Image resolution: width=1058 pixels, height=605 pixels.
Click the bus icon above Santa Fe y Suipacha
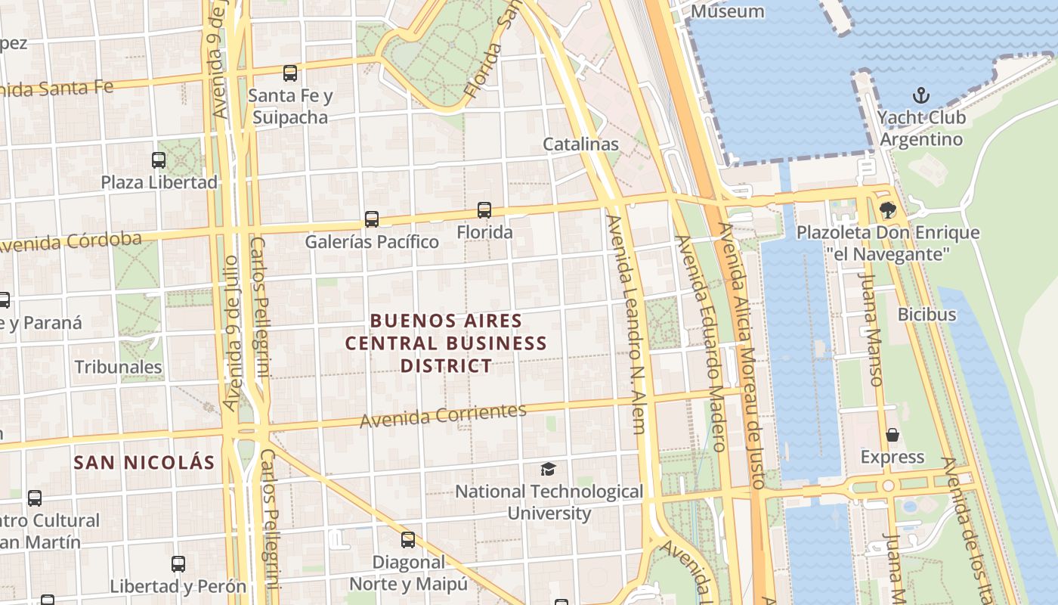tap(290, 73)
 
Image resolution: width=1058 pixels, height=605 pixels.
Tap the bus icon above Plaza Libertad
tap(159, 160)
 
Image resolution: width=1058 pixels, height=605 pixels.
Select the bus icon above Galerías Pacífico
tap(371, 219)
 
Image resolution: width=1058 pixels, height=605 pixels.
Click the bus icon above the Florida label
tap(484, 210)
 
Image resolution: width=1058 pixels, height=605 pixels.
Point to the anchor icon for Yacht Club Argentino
tap(920, 95)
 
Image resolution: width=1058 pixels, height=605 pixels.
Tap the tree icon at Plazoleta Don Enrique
tap(887, 210)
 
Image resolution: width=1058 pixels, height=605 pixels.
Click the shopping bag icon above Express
tap(892, 435)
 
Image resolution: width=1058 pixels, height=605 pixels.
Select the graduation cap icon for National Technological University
tap(548, 470)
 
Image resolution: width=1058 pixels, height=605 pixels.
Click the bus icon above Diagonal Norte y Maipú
tap(408, 540)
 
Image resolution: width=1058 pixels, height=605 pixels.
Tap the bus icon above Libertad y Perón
tap(178, 564)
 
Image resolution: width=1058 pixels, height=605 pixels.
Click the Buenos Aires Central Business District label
tap(446, 343)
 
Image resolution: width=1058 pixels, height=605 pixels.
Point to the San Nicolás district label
tap(144, 462)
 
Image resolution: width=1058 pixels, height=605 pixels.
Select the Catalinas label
tap(580, 144)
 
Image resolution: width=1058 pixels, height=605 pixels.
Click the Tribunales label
tap(118, 368)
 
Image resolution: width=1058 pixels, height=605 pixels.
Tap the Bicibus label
tap(927, 314)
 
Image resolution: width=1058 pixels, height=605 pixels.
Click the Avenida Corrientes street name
tap(443, 415)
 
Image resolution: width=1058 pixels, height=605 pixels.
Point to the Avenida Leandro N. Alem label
tap(626, 325)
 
